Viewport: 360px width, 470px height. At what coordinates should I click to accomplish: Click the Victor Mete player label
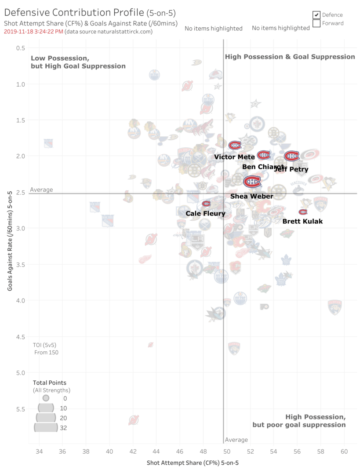click(x=234, y=157)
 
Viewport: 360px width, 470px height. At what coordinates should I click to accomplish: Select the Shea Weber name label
click(x=251, y=196)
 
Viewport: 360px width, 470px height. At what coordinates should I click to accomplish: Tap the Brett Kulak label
click(x=302, y=221)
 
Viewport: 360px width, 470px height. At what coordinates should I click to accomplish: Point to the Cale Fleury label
click(x=205, y=214)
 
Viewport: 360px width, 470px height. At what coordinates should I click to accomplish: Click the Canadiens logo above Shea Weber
click(x=252, y=181)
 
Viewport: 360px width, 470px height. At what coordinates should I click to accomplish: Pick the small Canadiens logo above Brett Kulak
click(x=303, y=212)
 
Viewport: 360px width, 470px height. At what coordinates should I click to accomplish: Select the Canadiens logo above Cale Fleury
click(x=206, y=204)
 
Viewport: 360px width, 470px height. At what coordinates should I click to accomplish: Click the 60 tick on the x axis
click(x=344, y=452)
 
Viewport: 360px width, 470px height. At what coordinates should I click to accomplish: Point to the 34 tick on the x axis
click(x=39, y=452)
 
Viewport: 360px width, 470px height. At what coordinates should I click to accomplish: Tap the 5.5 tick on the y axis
click(x=21, y=409)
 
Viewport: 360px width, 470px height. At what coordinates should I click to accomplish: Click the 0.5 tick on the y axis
click(x=21, y=47)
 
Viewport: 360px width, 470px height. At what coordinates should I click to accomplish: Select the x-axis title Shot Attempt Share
click(x=193, y=463)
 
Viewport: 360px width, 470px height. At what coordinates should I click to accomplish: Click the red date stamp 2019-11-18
click(x=33, y=32)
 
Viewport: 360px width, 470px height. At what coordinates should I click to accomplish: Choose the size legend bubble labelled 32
click(x=46, y=427)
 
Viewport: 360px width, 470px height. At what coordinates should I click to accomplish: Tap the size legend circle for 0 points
click(x=46, y=398)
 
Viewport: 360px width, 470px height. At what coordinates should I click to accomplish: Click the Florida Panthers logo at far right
click(x=335, y=307)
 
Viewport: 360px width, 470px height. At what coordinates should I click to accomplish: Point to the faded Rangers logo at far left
click(x=48, y=143)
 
